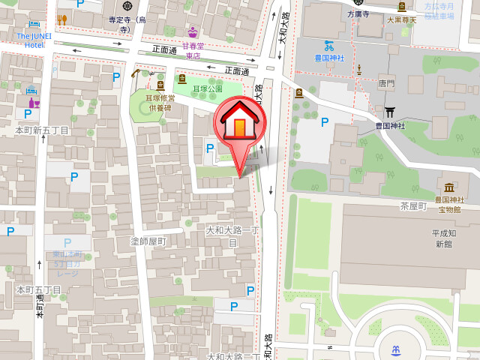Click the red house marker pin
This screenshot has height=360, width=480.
click(239, 124)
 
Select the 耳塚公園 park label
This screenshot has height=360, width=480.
click(208, 89)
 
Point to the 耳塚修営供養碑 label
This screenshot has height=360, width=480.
click(160, 102)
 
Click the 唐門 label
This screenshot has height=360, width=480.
click(387, 84)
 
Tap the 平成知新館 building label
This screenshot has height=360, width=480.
click(442, 238)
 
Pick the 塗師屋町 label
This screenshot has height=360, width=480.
click(148, 241)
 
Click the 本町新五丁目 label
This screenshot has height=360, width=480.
click(42, 130)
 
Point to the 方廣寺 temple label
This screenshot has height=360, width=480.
click(358, 14)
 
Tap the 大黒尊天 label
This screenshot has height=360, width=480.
click(400, 20)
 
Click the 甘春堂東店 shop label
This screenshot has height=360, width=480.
click(193, 50)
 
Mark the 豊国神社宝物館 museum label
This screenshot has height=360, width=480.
click(450, 205)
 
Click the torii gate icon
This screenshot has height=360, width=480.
click(389, 112)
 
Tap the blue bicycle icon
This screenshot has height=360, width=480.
click(328, 45)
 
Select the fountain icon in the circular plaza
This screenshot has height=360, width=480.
click(395, 349)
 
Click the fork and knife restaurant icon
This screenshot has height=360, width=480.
click(61, 19)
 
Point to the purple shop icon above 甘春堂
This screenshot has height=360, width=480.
click(193, 32)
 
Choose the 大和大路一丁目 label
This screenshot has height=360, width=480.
click(232, 236)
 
